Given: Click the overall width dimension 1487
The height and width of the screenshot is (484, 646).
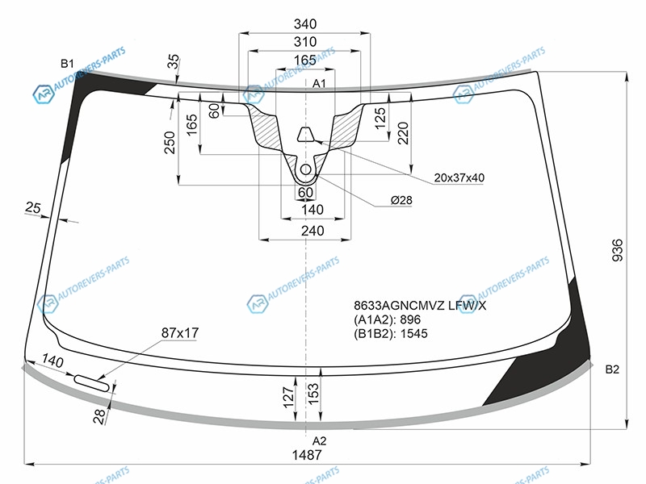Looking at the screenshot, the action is [x=307, y=455].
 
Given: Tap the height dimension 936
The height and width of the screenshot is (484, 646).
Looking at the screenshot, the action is [x=617, y=250].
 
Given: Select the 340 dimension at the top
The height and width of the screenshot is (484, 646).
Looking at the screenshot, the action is [x=305, y=24].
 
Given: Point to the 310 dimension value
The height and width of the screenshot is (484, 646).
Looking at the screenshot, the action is [x=305, y=42].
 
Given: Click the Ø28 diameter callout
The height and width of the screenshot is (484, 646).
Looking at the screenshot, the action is [x=401, y=200].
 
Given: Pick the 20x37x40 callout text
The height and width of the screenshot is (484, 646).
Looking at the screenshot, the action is [x=459, y=177].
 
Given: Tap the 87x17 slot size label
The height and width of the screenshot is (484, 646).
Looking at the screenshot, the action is [x=180, y=332].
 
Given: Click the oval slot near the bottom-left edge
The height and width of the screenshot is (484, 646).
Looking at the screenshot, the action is [x=91, y=382].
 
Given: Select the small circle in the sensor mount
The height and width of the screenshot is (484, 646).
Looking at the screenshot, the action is [x=305, y=169].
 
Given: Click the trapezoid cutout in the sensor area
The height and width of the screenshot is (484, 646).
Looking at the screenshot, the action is [x=305, y=134].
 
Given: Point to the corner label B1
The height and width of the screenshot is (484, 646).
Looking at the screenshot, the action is [x=67, y=64].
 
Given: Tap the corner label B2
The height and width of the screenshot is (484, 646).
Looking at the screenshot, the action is [x=612, y=369].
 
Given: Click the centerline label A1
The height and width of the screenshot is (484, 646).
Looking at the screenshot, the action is [x=319, y=84].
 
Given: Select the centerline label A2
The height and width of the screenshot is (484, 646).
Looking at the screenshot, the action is [x=319, y=440].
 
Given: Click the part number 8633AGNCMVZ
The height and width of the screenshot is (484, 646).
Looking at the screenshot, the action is [x=399, y=306].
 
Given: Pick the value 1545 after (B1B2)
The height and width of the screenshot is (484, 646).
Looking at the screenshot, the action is [x=414, y=333].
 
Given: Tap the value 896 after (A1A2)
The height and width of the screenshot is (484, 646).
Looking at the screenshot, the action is [x=410, y=319].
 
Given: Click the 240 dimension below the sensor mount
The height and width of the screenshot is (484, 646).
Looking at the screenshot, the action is [x=313, y=231].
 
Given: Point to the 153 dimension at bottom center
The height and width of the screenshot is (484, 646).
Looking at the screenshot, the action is [x=313, y=394].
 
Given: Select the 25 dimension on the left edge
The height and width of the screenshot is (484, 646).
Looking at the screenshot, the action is [x=33, y=207].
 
